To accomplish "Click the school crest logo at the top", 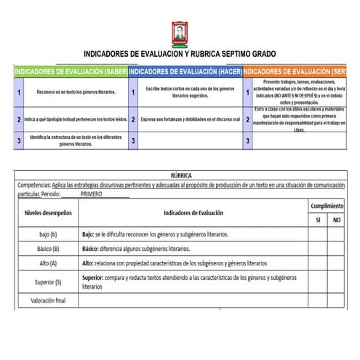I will tap(179, 33).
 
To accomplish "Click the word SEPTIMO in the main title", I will tap(222, 55).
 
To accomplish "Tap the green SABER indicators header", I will tap(71, 72).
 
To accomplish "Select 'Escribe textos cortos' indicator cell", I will tap(189, 92).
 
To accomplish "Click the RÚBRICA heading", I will tap(181, 176).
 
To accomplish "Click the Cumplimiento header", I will tap(327, 207).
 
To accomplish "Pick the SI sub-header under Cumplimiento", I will tap(317, 220).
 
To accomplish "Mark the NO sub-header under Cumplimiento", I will tap(336, 220).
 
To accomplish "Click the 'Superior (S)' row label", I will tap(48, 282).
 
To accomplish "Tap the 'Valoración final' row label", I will tap(48, 300).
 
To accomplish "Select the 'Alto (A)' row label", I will tap(48, 263).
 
